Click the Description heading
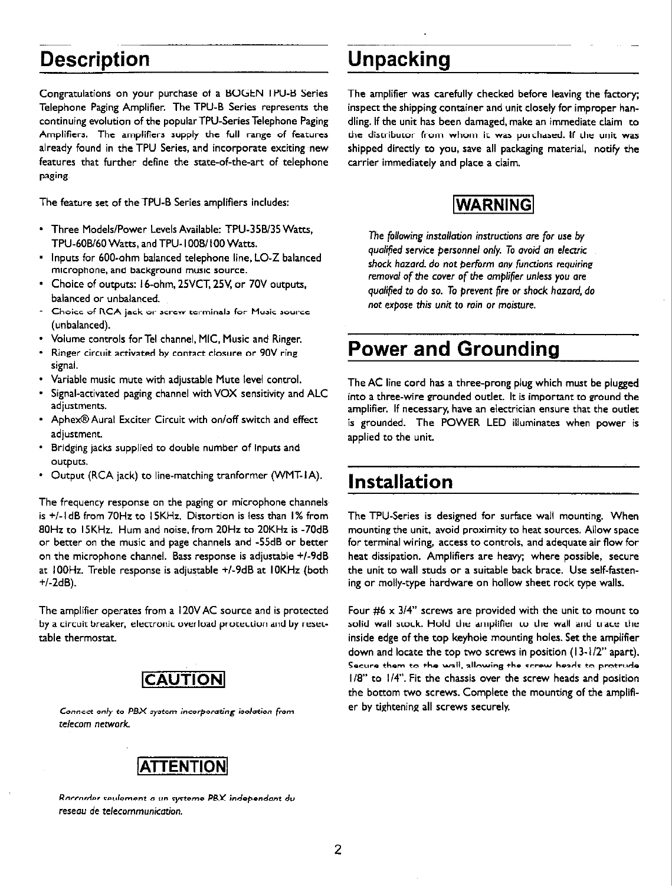coord(94,60)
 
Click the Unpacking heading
coord(399,60)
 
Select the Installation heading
coord(401,481)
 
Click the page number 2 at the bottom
coord(337,850)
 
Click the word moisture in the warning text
coord(516,305)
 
